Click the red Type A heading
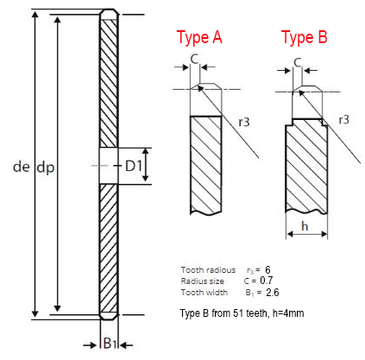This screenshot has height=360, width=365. [x=199, y=37]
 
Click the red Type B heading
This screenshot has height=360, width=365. [x=305, y=37]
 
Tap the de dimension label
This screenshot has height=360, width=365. [x=22, y=167]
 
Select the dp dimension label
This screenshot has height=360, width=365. [x=46, y=167]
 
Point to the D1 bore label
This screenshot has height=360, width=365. [x=134, y=166]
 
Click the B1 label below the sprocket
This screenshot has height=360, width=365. [x=110, y=343]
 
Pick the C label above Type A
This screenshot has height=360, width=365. [x=195, y=60]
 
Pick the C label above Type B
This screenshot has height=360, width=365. [x=298, y=62]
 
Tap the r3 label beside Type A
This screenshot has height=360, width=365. [x=244, y=122]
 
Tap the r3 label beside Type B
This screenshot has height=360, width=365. [x=343, y=119]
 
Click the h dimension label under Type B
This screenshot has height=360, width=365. [x=305, y=226]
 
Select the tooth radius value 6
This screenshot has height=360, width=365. [x=267, y=269]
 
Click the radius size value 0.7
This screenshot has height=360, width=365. [x=267, y=281]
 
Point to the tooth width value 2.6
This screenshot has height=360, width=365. [x=273, y=293]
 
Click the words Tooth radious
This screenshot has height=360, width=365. [x=208, y=270]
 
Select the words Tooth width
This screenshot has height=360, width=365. [x=205, y=293]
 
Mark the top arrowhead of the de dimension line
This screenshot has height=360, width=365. [x=35, y=15]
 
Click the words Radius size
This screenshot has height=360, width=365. [x=203, y=281]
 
